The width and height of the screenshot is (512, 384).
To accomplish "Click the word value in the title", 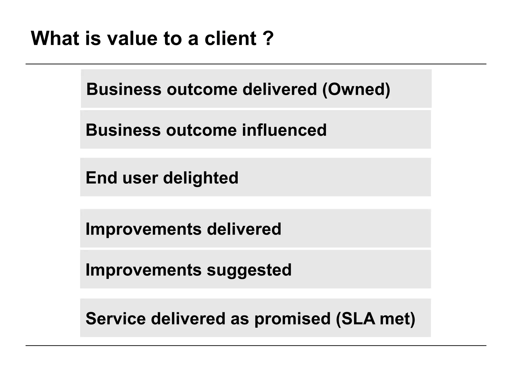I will click(x=132, y=38).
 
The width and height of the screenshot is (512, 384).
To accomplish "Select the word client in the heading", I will click(x=230, y=38).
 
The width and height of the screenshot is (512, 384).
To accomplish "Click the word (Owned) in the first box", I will click(x=356, y=89).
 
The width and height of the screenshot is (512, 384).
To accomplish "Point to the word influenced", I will click(x=284, y=130).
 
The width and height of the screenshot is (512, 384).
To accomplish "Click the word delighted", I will click(x=201, y=178).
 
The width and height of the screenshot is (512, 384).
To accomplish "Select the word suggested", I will click(x=249, y=270).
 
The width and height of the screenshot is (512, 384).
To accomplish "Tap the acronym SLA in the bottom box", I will click(x=358, y=319).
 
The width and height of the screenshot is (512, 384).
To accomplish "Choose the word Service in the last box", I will click(x=115, y=319).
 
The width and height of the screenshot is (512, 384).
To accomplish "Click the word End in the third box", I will click(x=101, y=178).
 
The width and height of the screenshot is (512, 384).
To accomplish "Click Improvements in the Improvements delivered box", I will click(x=143, y=229).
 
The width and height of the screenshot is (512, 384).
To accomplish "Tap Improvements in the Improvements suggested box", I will click(x=143, y=270).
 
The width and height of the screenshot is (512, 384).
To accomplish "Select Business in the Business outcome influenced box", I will click(x=123, y=130).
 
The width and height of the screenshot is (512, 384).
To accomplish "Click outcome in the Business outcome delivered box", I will click(x=202, y=89).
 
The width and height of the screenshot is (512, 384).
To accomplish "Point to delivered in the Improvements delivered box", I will click(x=244, y=229).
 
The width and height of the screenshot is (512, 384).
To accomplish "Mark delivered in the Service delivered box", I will click(x=188, y=319).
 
